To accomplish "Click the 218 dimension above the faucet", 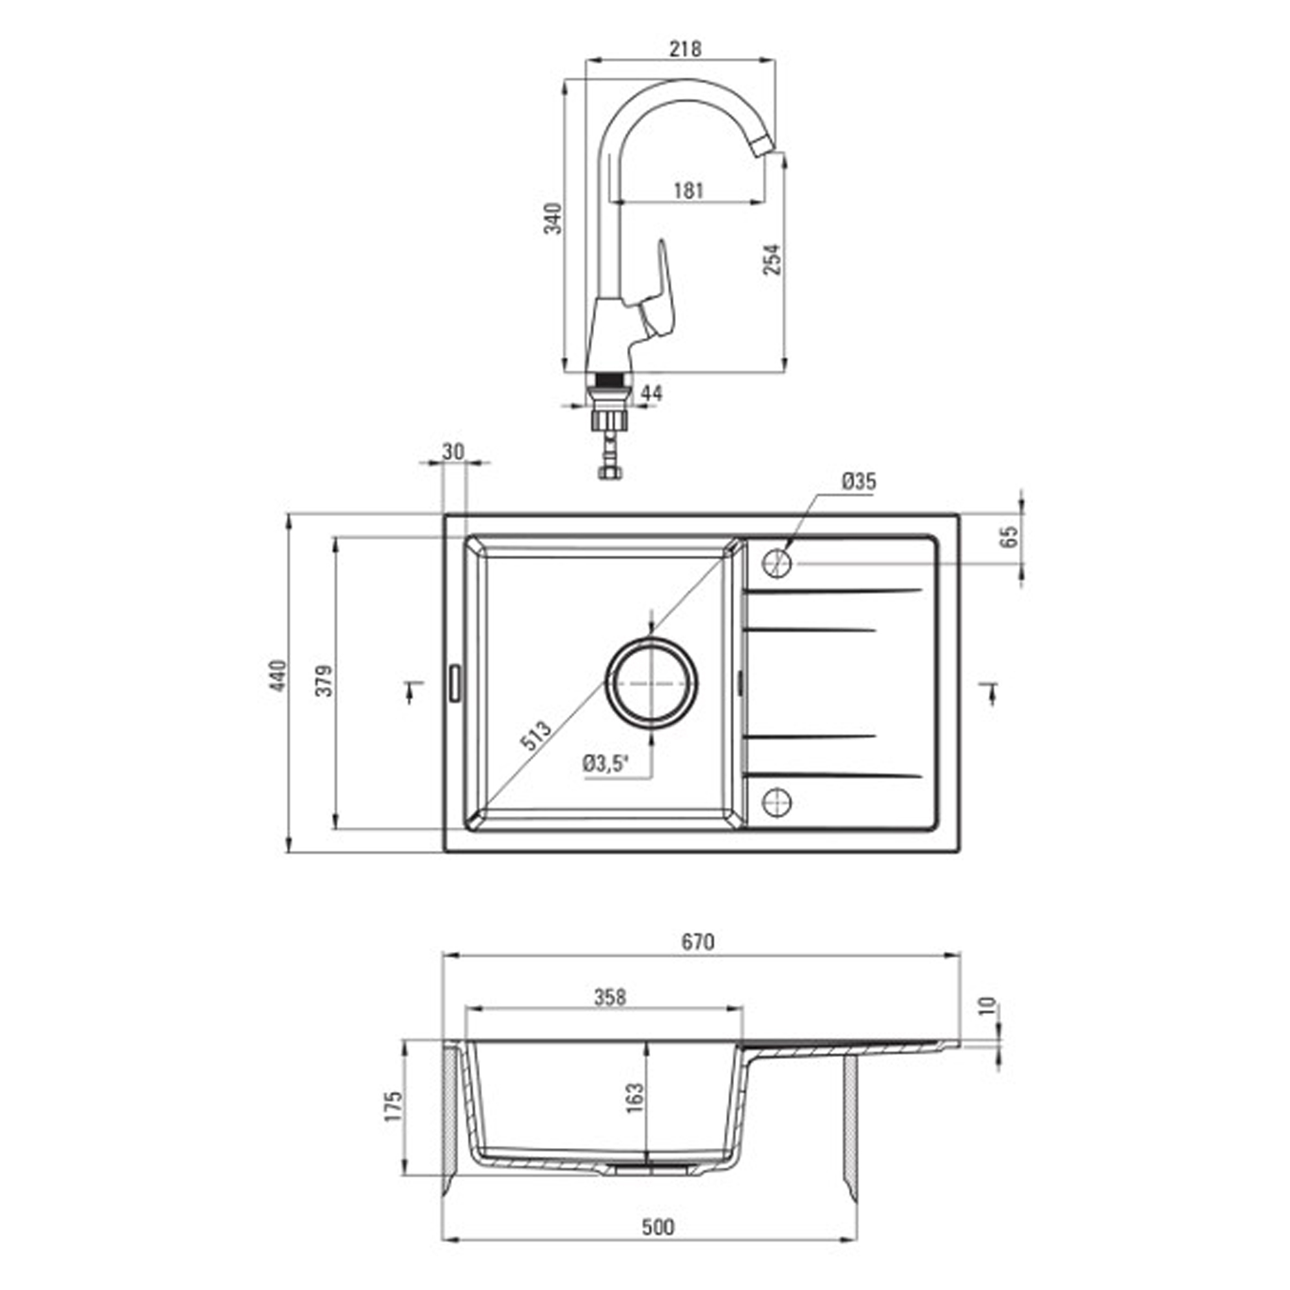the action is pos(686,49).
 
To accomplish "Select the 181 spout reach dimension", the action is pos(688,191).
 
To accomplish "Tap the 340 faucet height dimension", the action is pos(553,219).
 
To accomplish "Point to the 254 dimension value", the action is pos(771,259).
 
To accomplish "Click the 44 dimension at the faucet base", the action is pos(651,393).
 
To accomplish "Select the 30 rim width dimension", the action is pos(453,452).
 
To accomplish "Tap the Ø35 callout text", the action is pos(859,481).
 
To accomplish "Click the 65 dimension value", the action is pos(1011,536).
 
